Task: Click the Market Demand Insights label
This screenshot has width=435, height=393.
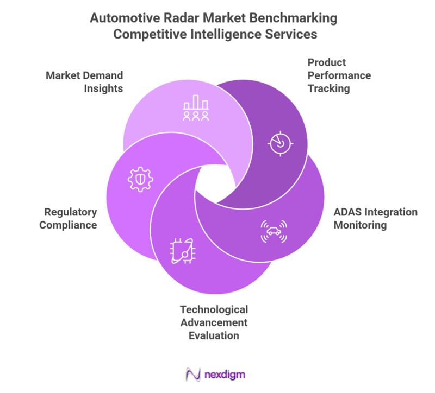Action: pos(85,81)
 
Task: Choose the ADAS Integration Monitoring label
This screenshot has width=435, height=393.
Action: pos(375,218)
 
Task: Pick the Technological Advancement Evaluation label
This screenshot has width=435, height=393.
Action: pos(214,322)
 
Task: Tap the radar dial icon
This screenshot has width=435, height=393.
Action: pos(281,143)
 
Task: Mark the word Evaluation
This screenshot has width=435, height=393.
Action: pos(214,335)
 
